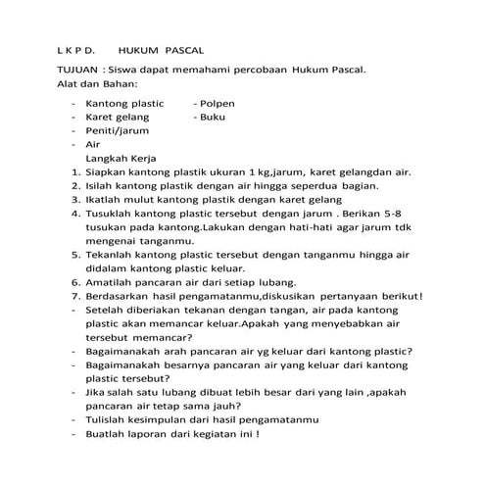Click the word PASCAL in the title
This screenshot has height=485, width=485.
185,49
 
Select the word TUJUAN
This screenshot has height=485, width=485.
76,72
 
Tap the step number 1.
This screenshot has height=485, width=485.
75,171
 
